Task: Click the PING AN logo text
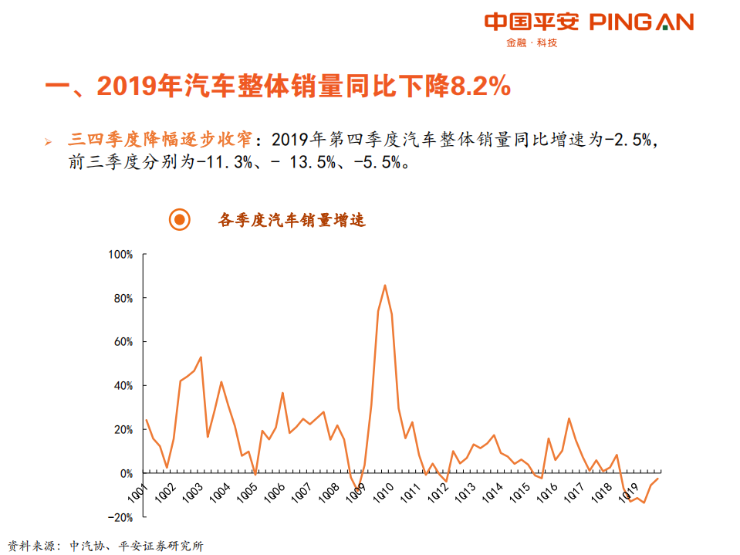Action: coord(641,22)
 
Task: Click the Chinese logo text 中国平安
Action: coord(531,22)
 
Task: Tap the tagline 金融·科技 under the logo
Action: coord(532,43)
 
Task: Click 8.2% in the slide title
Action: coord(479,86)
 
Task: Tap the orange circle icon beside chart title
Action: coord(179,220)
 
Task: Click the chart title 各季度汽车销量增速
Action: coord(292,220)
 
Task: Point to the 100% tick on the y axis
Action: coord(121,254)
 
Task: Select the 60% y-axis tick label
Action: coord(123,342)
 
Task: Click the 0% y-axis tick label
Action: coord(127,473)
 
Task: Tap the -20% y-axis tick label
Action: coord(122,517)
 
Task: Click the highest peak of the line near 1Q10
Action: coord(385,286)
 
